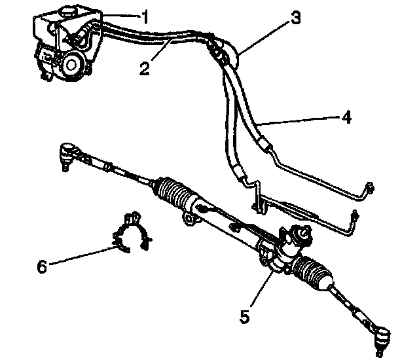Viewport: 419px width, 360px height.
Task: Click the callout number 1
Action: point(146,18)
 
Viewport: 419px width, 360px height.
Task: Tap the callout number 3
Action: point(296,18)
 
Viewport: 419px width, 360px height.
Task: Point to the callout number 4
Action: point(346,118)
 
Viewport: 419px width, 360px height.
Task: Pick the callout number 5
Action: point(244,316)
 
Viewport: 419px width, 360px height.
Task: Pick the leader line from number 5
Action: point(258,292)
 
